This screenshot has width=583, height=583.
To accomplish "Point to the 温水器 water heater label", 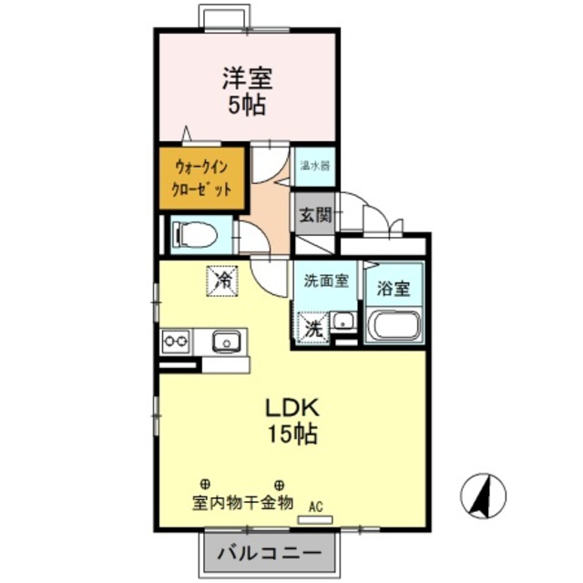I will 315,168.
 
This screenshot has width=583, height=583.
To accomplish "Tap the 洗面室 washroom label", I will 325,281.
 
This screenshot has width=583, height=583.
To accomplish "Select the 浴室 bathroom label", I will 394,291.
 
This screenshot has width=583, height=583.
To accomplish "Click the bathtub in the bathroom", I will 393,324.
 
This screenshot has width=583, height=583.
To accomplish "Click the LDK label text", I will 291,407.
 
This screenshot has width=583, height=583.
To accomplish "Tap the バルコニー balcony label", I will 271,554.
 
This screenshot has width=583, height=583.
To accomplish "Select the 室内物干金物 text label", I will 242,503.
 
